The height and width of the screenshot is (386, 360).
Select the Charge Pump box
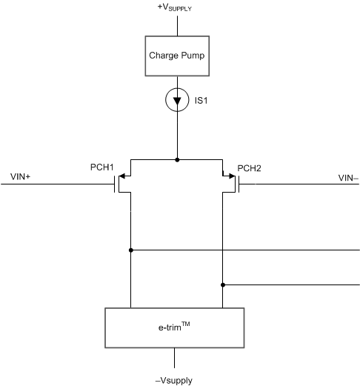coord(176,55)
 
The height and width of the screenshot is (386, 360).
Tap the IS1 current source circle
coord(176,99)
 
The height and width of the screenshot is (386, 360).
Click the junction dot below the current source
coord(176,159)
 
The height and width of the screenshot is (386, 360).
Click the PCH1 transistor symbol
coord(123,182)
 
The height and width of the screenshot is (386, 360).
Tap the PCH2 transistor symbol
coord(230,182)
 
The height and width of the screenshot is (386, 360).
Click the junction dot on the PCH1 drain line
coord(130,250)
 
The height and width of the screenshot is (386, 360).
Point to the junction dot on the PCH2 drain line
coord(223,284)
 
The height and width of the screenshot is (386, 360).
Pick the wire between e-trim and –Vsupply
coord(176,357)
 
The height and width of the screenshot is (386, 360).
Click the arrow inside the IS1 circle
coord(176,99)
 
